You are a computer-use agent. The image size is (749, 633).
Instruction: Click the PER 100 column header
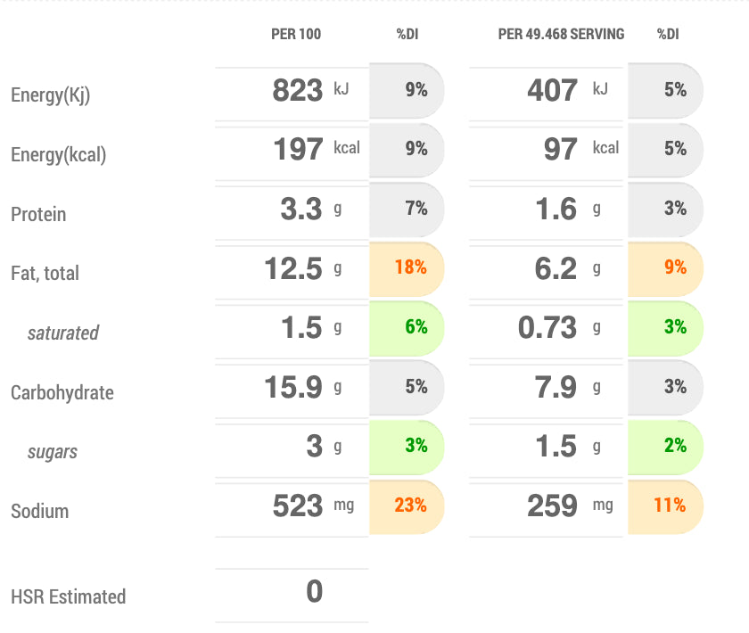pos(296,35)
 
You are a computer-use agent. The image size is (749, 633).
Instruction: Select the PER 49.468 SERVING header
pos(561,35)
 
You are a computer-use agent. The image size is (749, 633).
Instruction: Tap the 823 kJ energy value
pos(298,90)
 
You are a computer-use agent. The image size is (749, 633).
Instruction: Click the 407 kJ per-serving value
pos(553,90)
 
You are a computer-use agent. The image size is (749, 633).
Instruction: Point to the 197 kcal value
pos(299,149)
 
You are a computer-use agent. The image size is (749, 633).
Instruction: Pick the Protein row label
pos(38,215)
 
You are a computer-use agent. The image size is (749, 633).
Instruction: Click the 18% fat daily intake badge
pos(410,267)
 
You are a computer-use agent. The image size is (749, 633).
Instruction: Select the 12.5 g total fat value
pos(293,267)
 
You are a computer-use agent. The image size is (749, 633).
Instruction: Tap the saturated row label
pos(62,333)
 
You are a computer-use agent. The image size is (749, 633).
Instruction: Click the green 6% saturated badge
pos(416,327)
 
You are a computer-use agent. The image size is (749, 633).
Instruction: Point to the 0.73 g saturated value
pos(547,327)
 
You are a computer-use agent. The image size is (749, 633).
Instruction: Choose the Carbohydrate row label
pos(62,392)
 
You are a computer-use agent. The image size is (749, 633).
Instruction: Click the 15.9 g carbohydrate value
pos(293,387)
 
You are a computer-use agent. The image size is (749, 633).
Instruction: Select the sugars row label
pos(53,452)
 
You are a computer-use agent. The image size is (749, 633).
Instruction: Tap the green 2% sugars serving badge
pos(675,446)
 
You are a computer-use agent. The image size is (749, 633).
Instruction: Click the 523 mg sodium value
pos(298,506)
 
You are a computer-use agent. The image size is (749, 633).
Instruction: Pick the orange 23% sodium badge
pos(410,506)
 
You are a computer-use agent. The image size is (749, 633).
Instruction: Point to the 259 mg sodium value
pos(553,506)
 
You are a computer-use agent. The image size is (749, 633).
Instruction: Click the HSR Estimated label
pos(69,597)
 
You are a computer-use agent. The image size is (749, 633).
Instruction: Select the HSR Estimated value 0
pos(314,592)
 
